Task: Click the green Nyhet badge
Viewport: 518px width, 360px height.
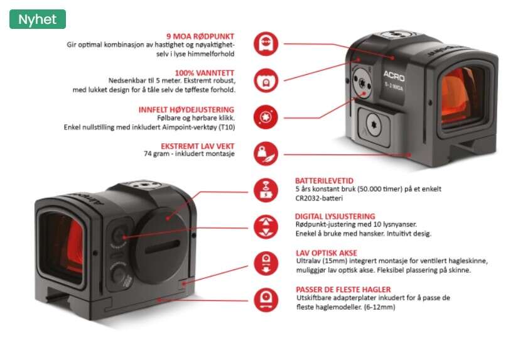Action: pyautogui.click(x=38, y=19)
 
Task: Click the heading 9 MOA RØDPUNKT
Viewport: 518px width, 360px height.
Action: pyautogui.click(x=200, y=36)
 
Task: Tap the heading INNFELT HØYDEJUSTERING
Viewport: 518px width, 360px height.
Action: pyautogui.click(x=186, y=109)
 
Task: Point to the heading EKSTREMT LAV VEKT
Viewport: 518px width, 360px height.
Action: pyautogui.click(x=198, y=146)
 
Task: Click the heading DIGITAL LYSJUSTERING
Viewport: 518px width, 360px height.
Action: pyautogui.click(x=335, y=216)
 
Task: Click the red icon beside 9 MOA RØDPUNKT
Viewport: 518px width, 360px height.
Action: pyautogui.click(x=266, y=44)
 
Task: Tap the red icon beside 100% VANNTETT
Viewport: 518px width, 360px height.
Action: pyautogui.click(x=266, y=80)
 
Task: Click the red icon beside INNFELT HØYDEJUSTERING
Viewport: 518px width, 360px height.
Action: pyautogui.click(x=266, y=117)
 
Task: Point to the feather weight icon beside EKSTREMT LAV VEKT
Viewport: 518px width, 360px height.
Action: pyautogui.click(x=266, y=153)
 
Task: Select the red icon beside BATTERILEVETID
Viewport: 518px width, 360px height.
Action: pyautogui.click(x=266, y=189)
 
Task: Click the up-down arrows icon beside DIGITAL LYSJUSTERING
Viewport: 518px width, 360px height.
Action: pyautogui.click(x=266, y=226)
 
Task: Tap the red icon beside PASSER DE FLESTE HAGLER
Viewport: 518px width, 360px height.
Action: pyautogui.click(x=266, y=298)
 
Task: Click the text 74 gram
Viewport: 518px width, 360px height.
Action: pyautogui.click(x=157, y=154)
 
